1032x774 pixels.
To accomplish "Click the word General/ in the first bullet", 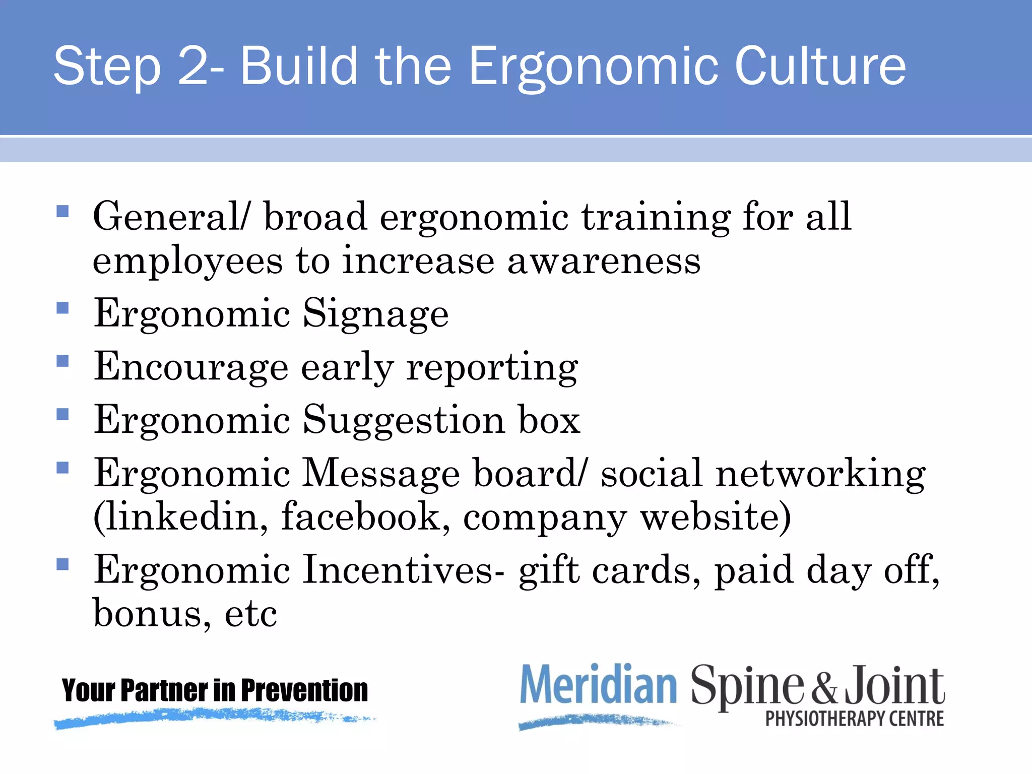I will point(171,217).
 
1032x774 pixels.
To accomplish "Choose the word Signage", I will point(375,313).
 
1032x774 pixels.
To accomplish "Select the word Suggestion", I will point(404,420).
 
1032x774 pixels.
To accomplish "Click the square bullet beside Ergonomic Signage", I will point(62,308).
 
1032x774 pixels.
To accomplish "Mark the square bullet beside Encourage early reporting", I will point(62,361).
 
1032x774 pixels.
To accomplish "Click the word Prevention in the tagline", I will point(304,690).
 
